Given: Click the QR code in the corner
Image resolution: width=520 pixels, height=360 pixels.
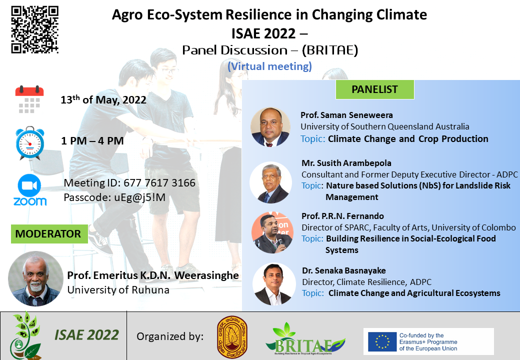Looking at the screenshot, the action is click(35, 29).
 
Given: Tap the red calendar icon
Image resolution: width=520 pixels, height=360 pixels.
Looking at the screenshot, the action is click(29, 99).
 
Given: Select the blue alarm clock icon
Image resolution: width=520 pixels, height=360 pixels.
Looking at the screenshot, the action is click(30, 143).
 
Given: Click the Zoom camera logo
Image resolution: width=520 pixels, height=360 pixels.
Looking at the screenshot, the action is click(30, 190).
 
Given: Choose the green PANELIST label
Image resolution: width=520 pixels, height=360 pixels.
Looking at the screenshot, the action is click(374, 89).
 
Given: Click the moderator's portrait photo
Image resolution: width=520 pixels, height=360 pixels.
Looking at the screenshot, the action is click(35, 278).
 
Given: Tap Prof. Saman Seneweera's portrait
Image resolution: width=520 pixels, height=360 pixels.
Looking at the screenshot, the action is click(270, 127).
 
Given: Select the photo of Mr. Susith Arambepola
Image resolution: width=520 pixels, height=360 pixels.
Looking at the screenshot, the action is click(270, 182).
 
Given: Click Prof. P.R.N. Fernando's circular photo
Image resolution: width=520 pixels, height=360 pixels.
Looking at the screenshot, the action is click(272, 232).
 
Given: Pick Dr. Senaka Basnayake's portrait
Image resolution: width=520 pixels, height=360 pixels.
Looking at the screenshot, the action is click(274, 284).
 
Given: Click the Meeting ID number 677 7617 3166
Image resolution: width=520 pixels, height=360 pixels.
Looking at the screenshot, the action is click(159, 182).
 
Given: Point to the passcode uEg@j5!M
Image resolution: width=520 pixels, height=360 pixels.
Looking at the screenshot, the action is click(139, 197).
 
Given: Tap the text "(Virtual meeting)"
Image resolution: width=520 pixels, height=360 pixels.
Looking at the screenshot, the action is click(269, 66).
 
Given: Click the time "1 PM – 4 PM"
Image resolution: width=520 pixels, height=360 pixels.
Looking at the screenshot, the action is click(92, 141).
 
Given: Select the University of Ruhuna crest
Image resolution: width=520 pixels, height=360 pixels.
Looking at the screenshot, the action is click(232, 337).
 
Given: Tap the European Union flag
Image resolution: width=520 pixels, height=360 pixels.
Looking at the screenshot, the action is click(382, 341).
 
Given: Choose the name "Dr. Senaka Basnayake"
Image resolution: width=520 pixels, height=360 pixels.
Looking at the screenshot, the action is click(344, 271).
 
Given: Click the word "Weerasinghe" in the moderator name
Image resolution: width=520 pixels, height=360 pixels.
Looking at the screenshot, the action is click(206, 275).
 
